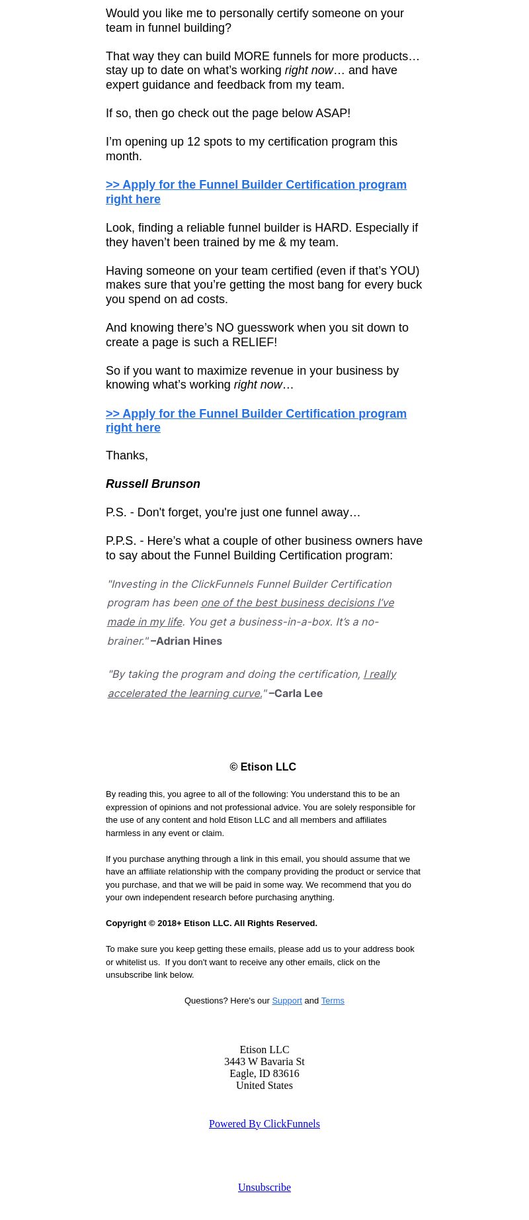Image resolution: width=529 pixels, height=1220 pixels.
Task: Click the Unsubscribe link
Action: point(264,1187)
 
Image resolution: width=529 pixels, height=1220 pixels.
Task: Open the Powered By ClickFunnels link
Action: point(264,1123)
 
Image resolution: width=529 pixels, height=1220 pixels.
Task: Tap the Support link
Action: point(287,1000)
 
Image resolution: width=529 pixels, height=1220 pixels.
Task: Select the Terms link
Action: point(333,1000)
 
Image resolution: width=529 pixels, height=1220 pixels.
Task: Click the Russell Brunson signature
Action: point(153,484)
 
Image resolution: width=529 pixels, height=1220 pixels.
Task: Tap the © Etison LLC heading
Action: point(263,767)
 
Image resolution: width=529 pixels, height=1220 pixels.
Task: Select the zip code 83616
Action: point(286,1073)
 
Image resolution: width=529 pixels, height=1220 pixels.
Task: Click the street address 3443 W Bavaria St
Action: point(264,1061)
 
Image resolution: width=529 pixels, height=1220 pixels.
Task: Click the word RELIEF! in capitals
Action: point(254,342)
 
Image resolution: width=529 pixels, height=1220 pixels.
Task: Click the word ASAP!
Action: point(333,113)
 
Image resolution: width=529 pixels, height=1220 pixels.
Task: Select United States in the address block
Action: point(264,1085)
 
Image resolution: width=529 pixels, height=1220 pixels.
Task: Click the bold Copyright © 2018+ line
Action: point(212,923)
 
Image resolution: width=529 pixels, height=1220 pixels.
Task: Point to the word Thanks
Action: point(126,455)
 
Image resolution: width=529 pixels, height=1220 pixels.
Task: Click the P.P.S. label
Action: point(121,541)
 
